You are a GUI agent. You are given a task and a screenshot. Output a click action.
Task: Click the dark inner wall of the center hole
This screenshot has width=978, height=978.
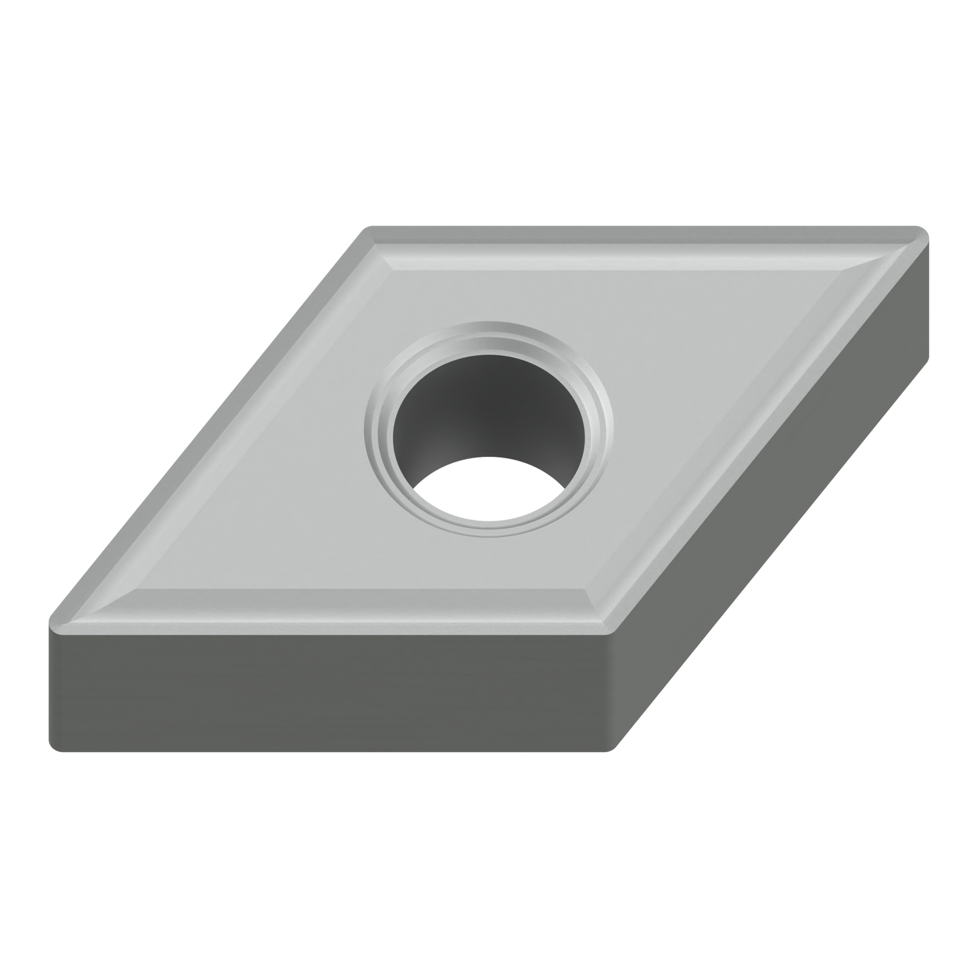pos(487,406)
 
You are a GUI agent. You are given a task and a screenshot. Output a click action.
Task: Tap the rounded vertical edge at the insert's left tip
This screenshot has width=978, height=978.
pos(50,677)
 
